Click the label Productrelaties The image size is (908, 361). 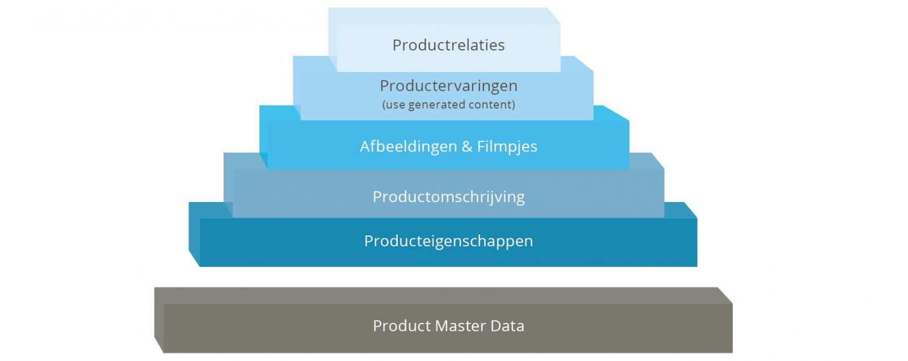pos(448,45)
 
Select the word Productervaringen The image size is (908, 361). pos(448,86)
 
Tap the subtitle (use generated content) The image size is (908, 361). pos(448,104)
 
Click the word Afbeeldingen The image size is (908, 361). pos(408,146)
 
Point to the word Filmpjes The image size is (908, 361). pos(507,146)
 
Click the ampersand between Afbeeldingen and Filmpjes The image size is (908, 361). pos(467,146)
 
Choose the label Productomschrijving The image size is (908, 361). pos(448,197)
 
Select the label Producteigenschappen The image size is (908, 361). pos(448,241)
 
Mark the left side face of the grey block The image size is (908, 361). pos(159,321)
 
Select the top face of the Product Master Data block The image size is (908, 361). pos(443,295)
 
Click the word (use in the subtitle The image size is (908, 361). pos(394,104)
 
